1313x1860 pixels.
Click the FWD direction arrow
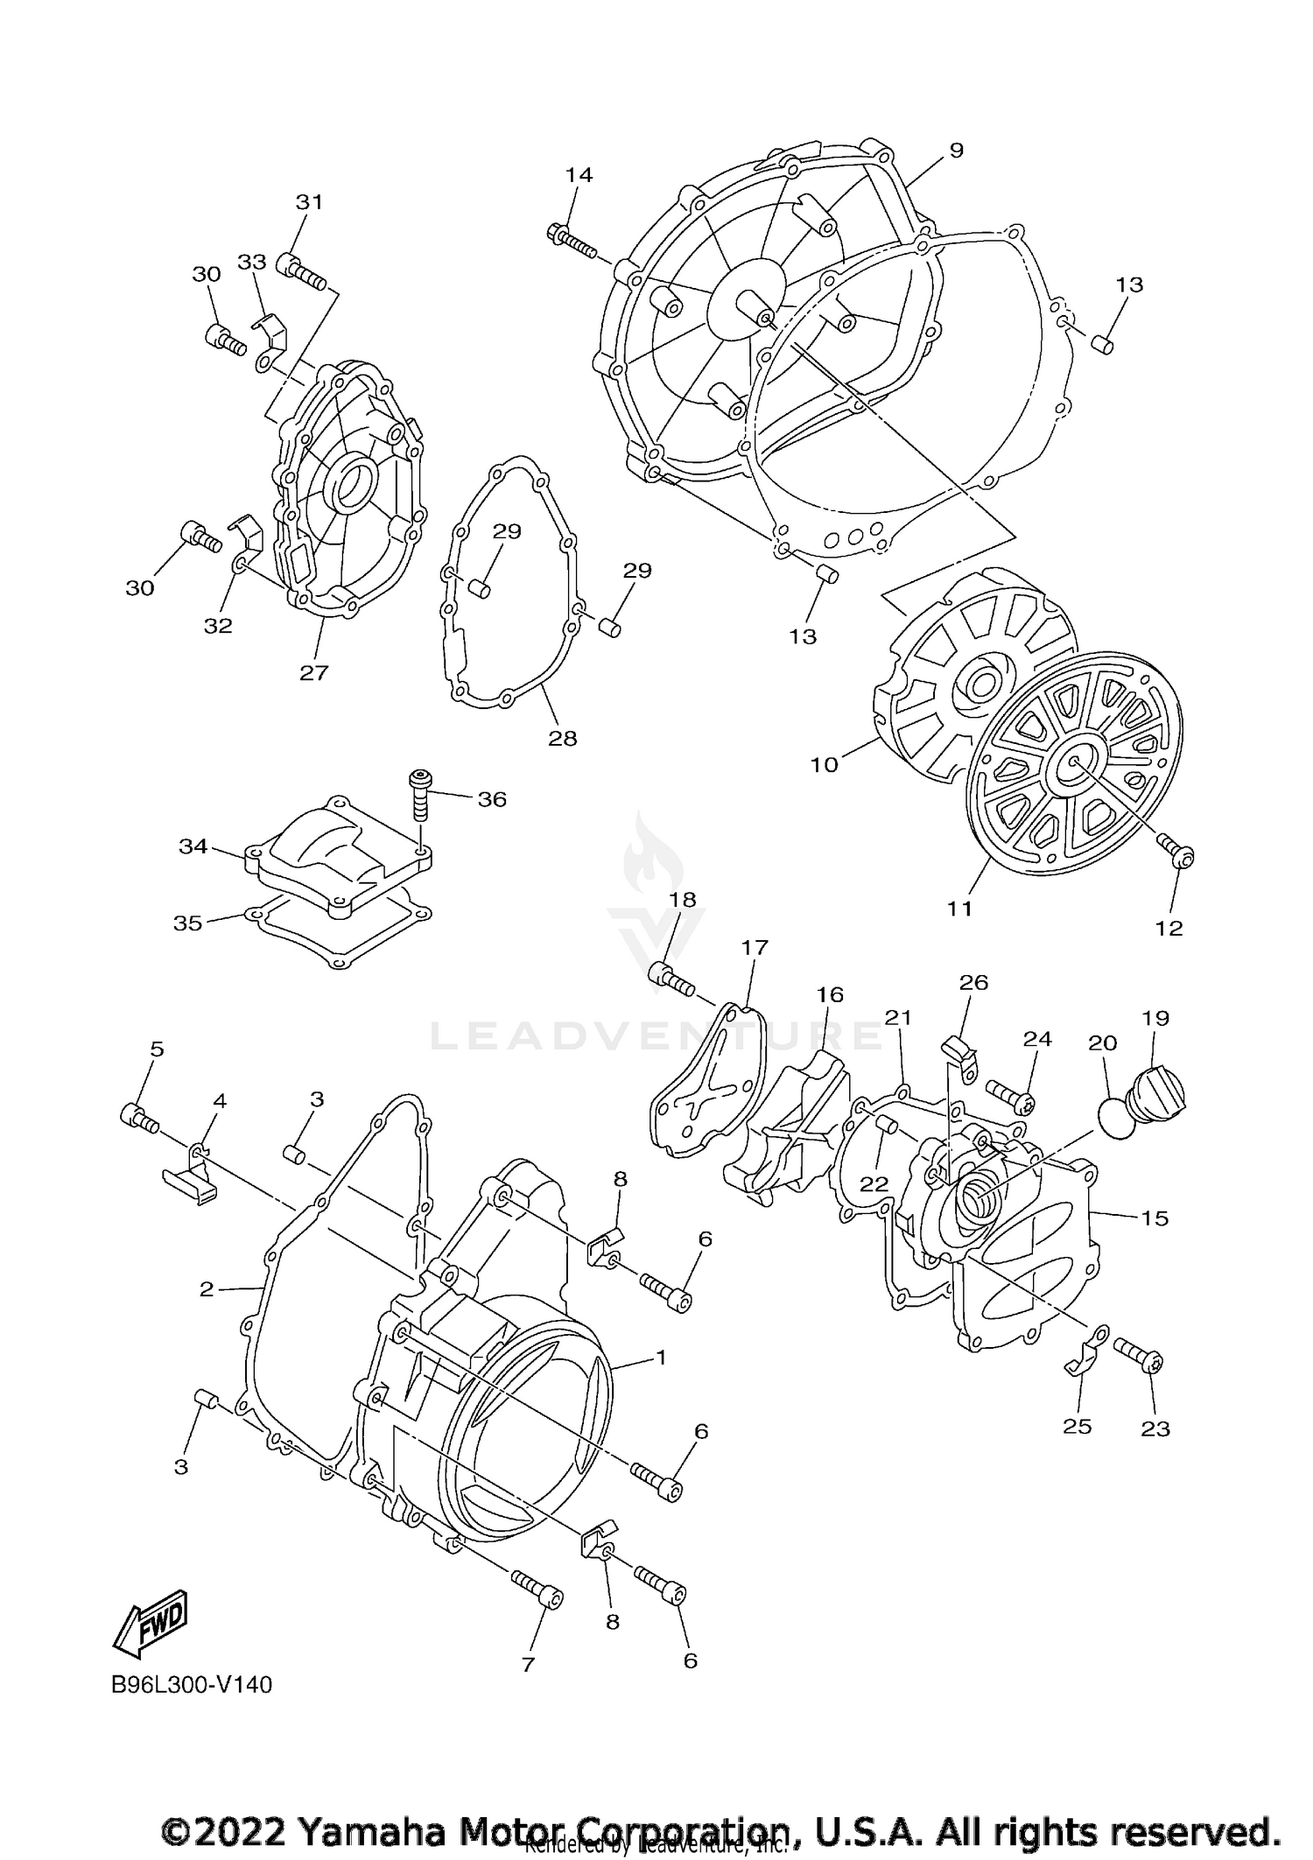[151, 1628]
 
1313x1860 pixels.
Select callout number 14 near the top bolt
[579, 175]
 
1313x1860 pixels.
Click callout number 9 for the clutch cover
[956, 151]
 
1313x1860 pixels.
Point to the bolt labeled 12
[1175, 850]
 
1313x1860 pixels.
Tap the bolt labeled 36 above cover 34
[421, 795]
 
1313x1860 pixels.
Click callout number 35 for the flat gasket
[187, 923]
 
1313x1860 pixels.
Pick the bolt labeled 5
[138, 1117]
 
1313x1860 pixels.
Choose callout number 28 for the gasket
[562, 738]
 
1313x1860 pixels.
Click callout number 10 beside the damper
[824, 764]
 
